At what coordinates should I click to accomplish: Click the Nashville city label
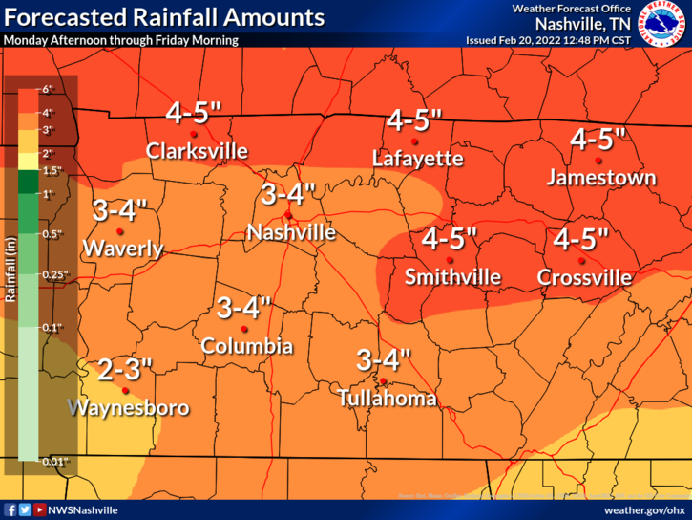pyautogui.click(x=291, y=231)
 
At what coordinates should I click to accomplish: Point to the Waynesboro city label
pyautogui.click(x=129, y=408)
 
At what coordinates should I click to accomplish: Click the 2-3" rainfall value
pyautogui.click(x=123, y=368)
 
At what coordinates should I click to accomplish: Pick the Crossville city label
pyautogui.click(x=584, y=277)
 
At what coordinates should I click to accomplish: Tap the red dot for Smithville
pyautogui.click(x=452, y=260)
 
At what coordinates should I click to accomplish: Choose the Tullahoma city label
pyautogui.click(x=388, y=399)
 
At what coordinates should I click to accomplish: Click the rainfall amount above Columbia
pyautogui.click(x=244, y=308)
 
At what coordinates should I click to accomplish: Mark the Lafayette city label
pyautogui.click(x=418, y=158)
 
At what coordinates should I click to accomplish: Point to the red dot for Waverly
pyautogui.click(x=120, y=231)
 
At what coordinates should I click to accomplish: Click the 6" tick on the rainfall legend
pyautogui.click(x=48, y=89)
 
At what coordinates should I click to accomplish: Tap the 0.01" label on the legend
pyautogui.click(x=52, y=463)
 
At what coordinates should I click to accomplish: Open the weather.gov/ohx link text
pyautogui.click(x=642, y=510)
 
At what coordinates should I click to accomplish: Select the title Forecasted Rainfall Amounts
pyautogui.click(x=164, y=18)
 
